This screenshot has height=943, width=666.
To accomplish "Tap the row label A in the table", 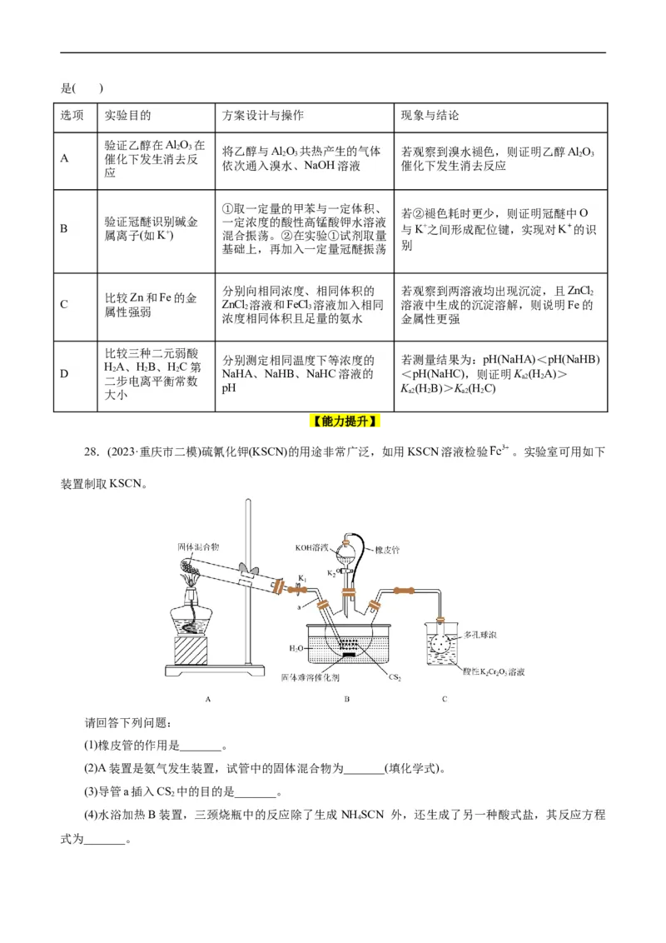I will [64, 157].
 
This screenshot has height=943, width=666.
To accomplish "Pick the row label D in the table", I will [64, 374].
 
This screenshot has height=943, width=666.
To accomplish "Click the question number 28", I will [92, 452].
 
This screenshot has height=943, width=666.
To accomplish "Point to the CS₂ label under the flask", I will [395, 677].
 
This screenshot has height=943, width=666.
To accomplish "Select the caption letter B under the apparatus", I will [346, 699].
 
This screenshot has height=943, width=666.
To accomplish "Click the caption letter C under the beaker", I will [445, 699].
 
